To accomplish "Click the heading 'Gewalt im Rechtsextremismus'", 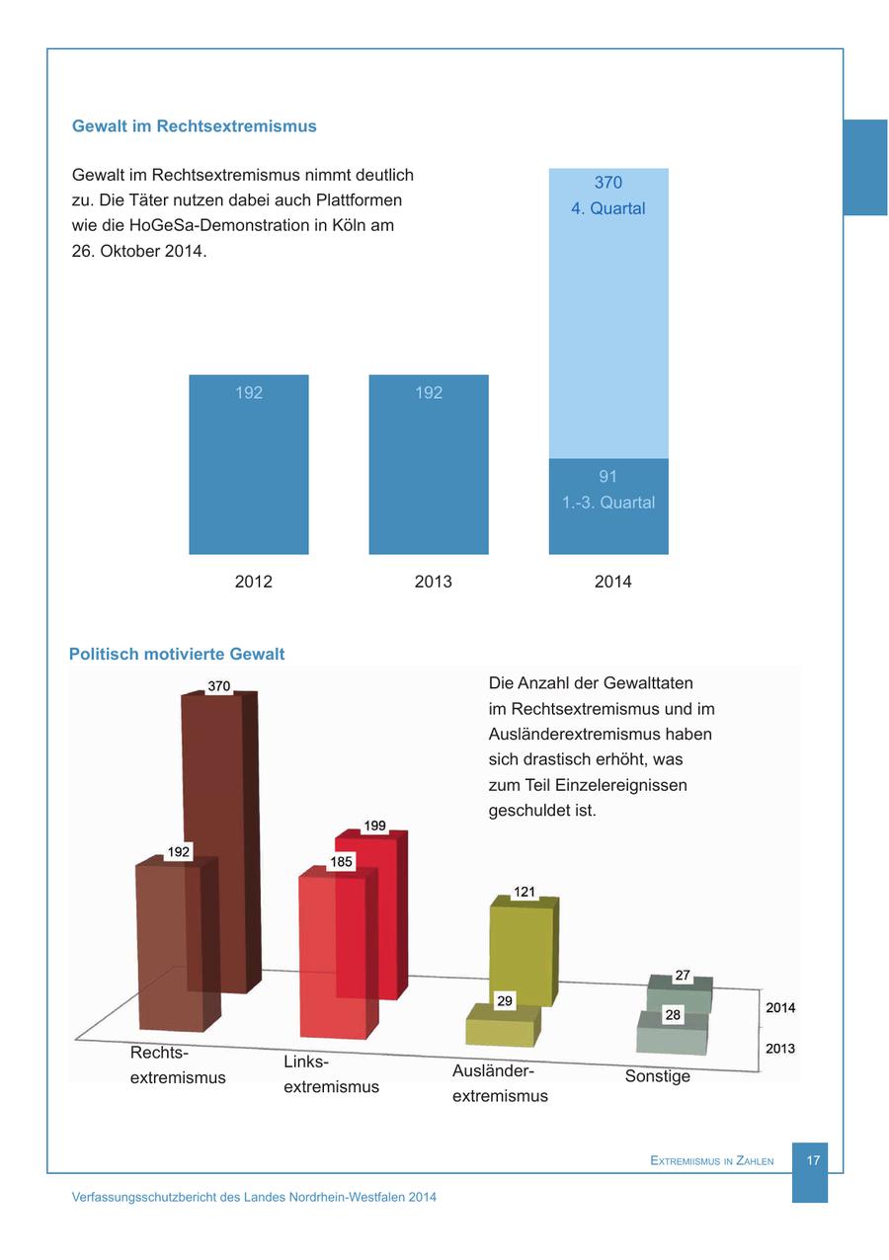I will coord(195,126).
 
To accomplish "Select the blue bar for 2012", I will coord(249,464).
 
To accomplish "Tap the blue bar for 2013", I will coord(429,464).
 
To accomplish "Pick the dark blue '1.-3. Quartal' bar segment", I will coord(608,506).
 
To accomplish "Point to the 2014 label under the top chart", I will coord(612,582).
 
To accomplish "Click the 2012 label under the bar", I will coord(253,582).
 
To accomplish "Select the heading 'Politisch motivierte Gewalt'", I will coord(177,654).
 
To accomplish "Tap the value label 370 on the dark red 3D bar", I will coord(219,686).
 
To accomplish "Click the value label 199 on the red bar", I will coord(374,826).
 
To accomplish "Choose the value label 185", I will coord(342,862).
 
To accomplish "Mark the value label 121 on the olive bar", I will coord(525,892).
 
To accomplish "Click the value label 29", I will coord(505,1001).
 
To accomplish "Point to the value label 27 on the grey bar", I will coord(683,976).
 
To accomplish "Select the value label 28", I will coord(673,1015).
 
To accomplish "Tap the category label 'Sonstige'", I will coord(657,1076).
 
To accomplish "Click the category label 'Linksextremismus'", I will coord(331,1074).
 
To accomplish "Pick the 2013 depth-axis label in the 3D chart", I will coord(779,1049).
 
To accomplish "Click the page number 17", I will coord(813,1160).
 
